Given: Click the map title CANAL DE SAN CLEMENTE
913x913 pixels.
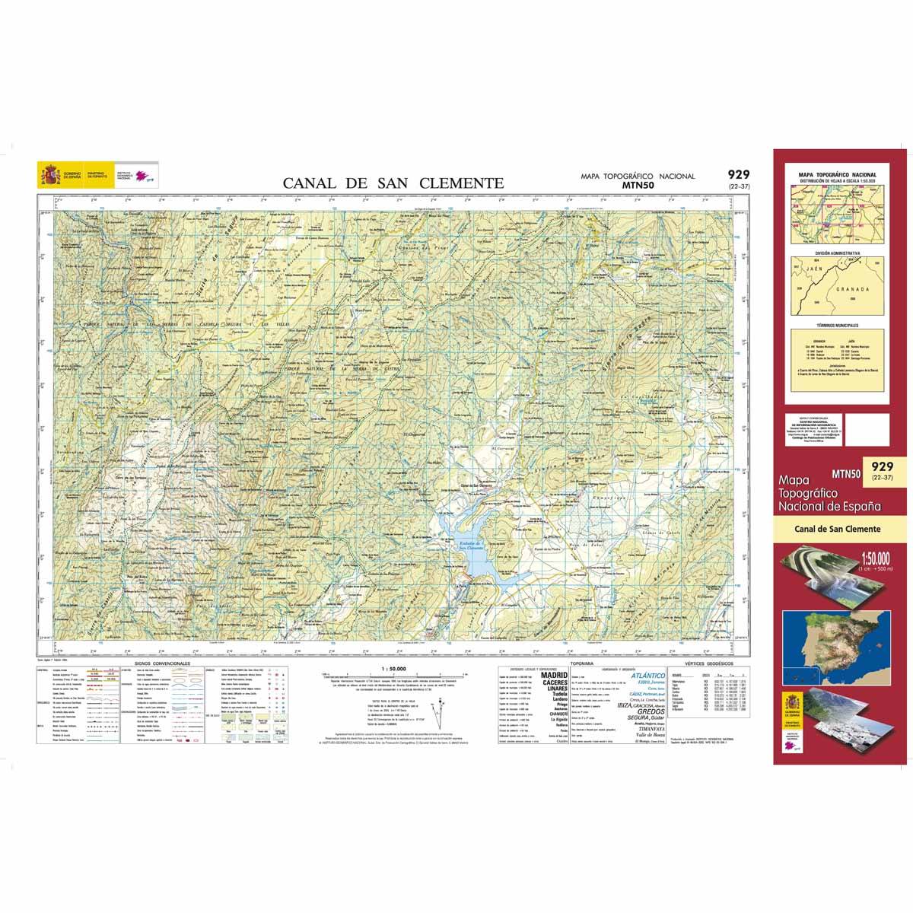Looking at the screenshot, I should pyautogui.click(x=393, y=183).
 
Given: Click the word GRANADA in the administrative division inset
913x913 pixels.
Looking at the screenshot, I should pyautogui.click(x=851, y=290).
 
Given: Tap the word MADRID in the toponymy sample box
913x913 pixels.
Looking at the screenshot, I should pyautogui.click(x=553, y=674).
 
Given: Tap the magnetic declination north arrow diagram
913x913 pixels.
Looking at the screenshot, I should pyautogui.click(x=437, y=711).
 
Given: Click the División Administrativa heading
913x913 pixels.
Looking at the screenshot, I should pyautogui.click(x=837, y=252).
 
